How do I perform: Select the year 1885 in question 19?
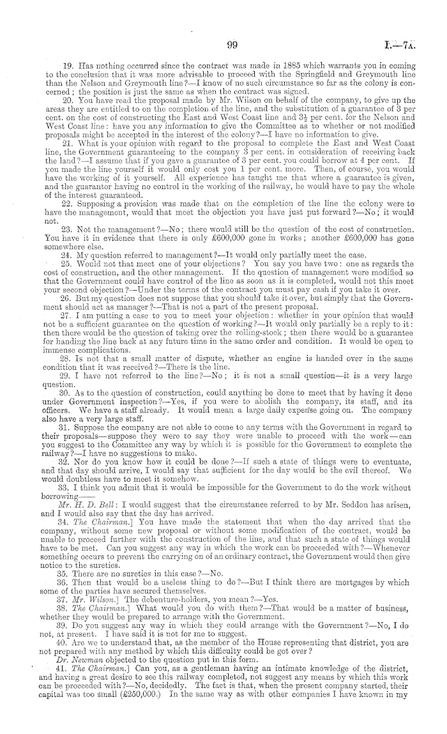point(233,66)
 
